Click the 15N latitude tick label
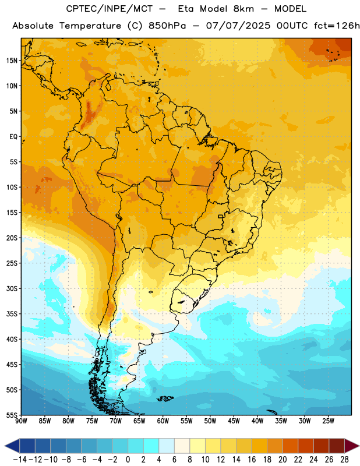[x=12, y=61]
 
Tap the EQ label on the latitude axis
[x=13, y=137]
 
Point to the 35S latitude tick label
[x=12, y=314]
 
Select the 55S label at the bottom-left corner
[x=12, y=415]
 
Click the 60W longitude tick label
[x=163, y=421]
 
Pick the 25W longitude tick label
[x=328, y=421]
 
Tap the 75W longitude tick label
[x=92, y=421]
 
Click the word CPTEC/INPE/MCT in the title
[x=110, y=9]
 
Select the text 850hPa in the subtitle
[x=167, y=26]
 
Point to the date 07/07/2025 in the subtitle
[x=238, y=26]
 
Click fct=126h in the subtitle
[x=337, y=26]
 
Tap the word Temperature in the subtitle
[x=90, y=26]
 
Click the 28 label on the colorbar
[x=344, y=460]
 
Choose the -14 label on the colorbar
[x=20, y=460]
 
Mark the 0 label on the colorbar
[x=128, y=460]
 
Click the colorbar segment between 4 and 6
[x=167, y=446]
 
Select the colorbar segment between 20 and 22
[x=290, y=446]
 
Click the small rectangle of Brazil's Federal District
[x=221, y=216]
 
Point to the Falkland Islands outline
[x=165, y=398]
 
